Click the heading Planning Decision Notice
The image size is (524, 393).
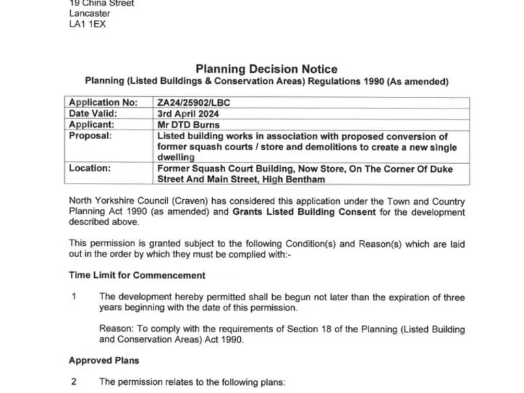point(266,69)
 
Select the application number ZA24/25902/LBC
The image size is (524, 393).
point(194,103)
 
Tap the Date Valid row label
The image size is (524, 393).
point(93,114)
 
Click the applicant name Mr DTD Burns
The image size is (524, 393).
point(188,125)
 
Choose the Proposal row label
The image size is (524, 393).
point(90,136)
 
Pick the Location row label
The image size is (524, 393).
point(90,169)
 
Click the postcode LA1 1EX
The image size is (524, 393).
point(87,25)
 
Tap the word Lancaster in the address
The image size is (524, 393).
point(89,14)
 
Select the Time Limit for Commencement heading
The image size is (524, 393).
point(136,276)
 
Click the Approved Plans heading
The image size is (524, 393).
point(104,360)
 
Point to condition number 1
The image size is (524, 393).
point(74,297)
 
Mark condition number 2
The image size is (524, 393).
point(74,382)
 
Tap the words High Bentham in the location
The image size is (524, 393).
point(291,179)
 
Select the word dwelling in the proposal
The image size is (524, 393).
point(176,158)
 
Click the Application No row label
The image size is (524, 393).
point(103,103)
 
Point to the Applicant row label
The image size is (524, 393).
point(92,125)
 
